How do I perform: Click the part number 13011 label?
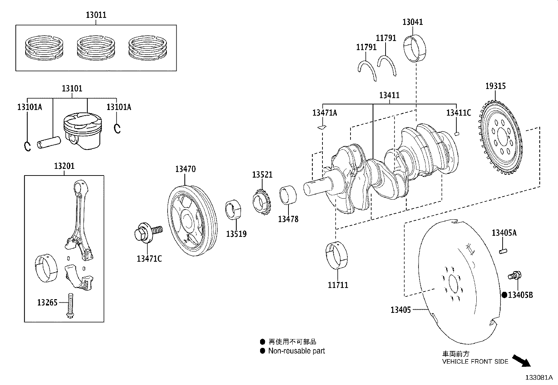(96, 15)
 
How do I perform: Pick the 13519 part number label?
(236, 234)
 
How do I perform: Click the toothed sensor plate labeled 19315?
(499, 137)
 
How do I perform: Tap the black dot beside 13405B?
(504, 295)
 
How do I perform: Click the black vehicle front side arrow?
(521, 360)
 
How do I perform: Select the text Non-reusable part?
(297, 351)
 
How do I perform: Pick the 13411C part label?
(458, 113)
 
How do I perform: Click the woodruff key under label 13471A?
(322, 127)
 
